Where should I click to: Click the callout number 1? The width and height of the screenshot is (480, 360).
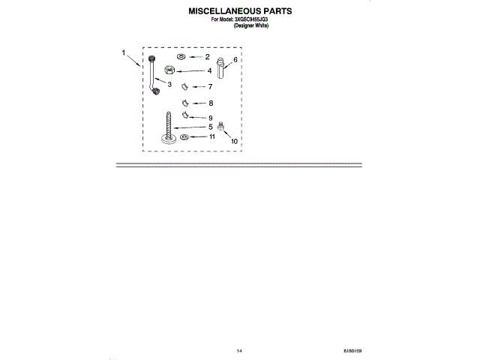[x=124, y=52]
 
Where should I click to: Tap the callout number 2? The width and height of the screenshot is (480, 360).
[x=208, y=57]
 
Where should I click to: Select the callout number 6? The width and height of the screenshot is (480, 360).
[x=235, y=59]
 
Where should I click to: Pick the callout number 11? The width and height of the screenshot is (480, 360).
[x=212, y=137]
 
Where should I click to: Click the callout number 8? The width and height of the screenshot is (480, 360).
[x=211, y=103]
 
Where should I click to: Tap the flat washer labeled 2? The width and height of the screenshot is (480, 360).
[x=181, y=57]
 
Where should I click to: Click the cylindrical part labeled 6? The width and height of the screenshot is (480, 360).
[x=221, y=67]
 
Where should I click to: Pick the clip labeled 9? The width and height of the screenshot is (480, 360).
[x=185, y=117]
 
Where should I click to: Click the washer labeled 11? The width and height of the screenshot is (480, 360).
[x=184, y=137]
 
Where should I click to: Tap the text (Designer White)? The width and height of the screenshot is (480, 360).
[x=250, y=25]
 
